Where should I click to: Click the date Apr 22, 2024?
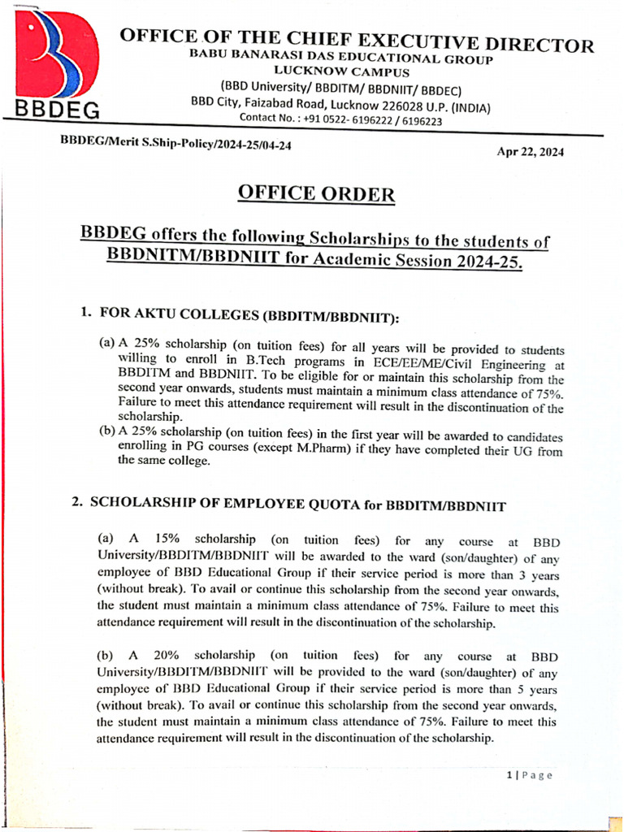(x=530, y=152)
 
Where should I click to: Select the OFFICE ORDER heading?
(x=316, y=194)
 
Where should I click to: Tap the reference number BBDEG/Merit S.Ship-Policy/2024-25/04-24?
(x=176, y=143)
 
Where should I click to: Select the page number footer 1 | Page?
(x=529, y=775)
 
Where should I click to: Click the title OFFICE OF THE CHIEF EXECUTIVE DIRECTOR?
(x=357, y=41)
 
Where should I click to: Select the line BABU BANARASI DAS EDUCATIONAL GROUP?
(x=341, y=57)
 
